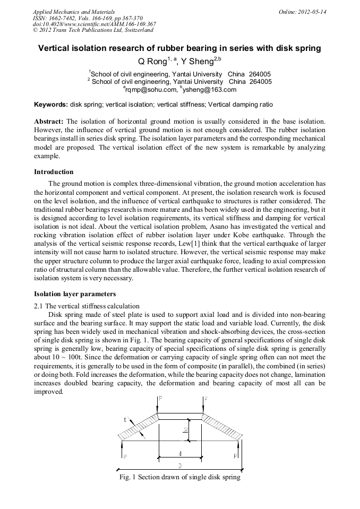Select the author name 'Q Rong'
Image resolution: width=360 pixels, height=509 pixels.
(x=152, y=62)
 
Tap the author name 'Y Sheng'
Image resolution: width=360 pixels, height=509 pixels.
(x=197, y=62)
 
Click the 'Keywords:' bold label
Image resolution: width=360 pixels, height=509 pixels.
(x=50, y=105)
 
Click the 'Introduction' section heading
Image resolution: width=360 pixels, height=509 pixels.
(x=54, y=172)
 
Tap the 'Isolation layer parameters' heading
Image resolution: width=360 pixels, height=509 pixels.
(x=75, y=294)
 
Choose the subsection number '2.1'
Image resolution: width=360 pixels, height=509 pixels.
(x=39, y=306)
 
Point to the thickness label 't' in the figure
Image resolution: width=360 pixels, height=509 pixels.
(x=125, y=420)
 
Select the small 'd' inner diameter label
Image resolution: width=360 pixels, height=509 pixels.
(x=180, y=453)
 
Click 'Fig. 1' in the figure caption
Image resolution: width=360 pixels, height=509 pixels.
(x=129, y=477)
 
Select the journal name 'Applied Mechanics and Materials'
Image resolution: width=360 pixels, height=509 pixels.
(x=73, y=12)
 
